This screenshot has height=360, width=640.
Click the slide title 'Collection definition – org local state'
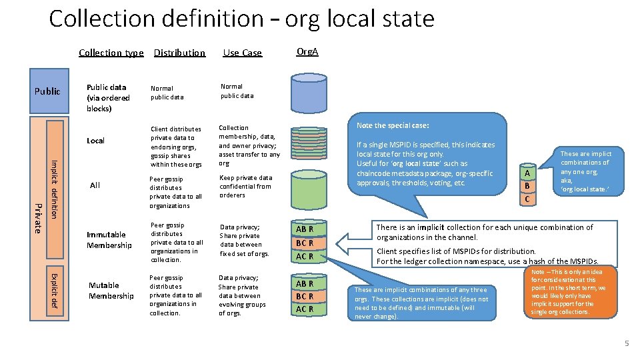(x=241, y=19)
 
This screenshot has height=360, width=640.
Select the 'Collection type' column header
(x=111, y=53)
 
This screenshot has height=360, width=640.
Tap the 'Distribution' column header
(x=179, y=53)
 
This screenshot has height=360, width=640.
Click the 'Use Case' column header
(x=242, y=53)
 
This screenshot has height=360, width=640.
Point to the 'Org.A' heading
(x=307, y=51)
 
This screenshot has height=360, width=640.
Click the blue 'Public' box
(x=47, y=91)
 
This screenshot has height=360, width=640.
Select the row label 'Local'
(x=95, y=141)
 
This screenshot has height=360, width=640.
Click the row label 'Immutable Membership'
(x=109, y=239)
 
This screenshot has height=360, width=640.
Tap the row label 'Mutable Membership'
(x=111, y=291)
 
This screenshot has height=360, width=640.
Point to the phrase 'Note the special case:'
(x=393, y=125)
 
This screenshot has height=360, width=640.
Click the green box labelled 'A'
(x=527, y=173)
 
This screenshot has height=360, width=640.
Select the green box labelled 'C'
(x=527, y=199)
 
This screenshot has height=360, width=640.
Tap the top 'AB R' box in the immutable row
(x=305, y=229)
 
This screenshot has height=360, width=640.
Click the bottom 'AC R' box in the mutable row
(x=305, y=309)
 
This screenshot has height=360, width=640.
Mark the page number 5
(x=626, y=343)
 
